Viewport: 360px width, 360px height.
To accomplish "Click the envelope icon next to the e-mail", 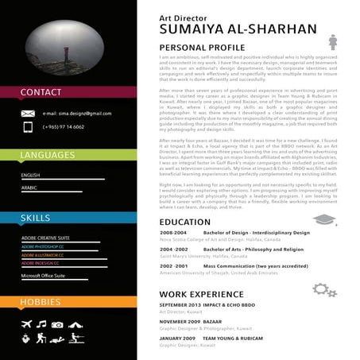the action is tap(28, 114).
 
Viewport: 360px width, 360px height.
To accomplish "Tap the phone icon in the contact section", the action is tap(28, 126).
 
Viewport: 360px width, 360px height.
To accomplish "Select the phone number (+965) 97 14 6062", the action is tap(64, 126).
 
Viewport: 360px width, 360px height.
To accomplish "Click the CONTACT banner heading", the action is tap(41, 93).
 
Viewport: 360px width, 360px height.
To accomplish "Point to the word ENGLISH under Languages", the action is tap(31, 175).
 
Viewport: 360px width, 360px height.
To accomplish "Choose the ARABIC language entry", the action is tap(29, 188).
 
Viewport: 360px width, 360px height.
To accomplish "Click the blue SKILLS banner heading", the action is tap(36, 217).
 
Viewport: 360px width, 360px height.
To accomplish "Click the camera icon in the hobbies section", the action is tap(57, 324).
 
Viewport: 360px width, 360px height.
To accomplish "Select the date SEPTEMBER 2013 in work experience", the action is tap(185, 305).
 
